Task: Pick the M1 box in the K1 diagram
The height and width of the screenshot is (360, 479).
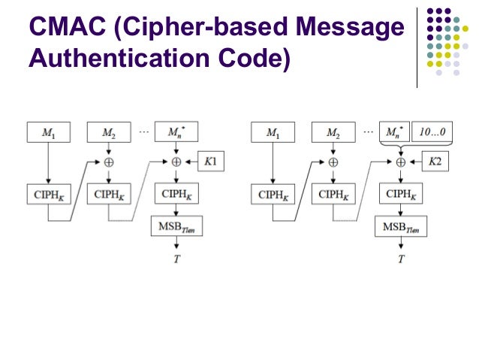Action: click(x=47, y=133)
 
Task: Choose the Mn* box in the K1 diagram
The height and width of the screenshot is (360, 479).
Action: click(x=176, y=133)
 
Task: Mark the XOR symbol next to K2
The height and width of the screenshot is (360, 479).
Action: click(x=400, y=162)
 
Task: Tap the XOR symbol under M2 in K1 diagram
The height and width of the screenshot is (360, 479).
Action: click(x=110, y=162)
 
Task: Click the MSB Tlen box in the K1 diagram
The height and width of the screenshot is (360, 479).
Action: click(x=176, y=226)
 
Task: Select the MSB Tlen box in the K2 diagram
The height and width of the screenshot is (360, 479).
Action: click(x=400, y=226)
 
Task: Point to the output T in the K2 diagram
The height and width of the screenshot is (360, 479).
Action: click(x=400, y=259)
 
